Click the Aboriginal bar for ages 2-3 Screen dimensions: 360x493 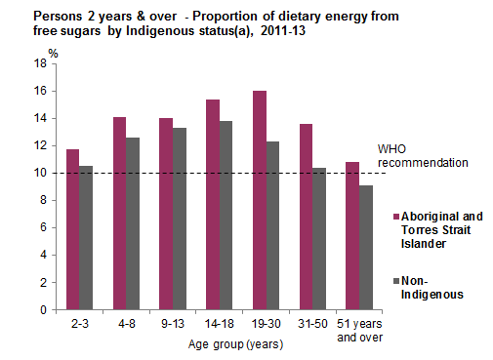[72, 229]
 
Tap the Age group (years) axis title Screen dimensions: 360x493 [222, 344]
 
